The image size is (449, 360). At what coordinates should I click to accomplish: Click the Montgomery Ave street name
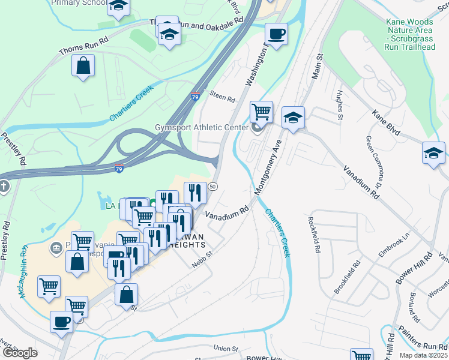[x=268, y=166]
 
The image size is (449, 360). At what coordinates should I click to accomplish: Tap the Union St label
[x=226, y=348]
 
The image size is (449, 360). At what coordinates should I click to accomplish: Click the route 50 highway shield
[x=212, y=187]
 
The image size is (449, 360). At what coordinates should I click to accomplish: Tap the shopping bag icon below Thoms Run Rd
[x=83, y=66]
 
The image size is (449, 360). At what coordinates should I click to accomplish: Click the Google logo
[x=20, y=352]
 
